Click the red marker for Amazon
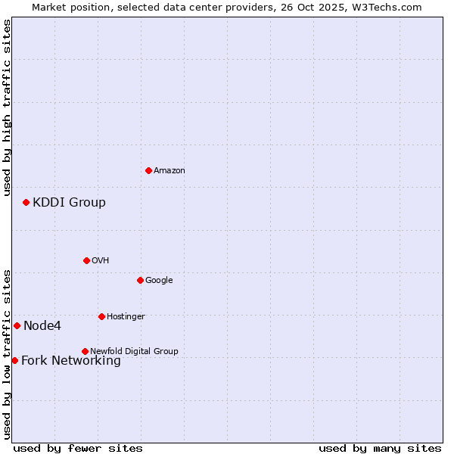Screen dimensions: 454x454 pos(148,170)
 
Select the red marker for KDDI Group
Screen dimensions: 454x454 pos(26,202)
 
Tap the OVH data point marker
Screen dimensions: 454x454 pos(86,260)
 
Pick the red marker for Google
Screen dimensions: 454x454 pos(140,280)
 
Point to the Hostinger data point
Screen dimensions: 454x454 pos(101,316)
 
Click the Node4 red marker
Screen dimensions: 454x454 pos(17,325)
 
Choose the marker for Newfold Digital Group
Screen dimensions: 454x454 pos(85,351)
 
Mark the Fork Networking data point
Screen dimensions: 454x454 pos(14,360)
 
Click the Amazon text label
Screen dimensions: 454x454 pos(169,171)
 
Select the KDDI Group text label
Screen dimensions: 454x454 pos(69,203)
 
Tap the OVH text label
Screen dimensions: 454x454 pos(101,261)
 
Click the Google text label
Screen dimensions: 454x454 pos(159,281)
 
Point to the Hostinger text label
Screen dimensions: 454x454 pos(126,317)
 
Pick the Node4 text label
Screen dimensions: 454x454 pos(42,326)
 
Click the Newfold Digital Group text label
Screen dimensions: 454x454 pos(134,352)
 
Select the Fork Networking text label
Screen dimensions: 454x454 pos(71,361)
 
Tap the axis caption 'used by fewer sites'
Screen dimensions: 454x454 pos(78,448)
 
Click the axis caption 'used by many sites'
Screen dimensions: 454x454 pos(380,448)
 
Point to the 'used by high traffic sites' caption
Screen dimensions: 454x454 pos(7,107)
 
